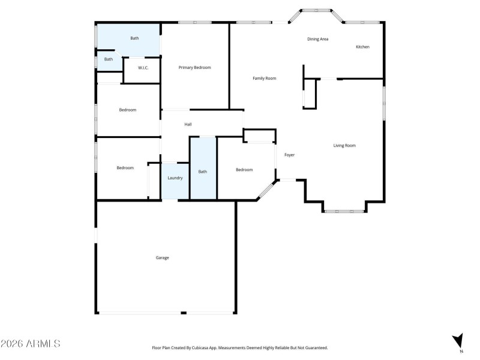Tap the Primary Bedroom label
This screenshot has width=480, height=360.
[194, 68]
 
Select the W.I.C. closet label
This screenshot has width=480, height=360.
[143, 68]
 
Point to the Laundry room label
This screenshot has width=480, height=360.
[175, 178]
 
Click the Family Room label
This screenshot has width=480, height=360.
[264, 79]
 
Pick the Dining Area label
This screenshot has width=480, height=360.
[317, 40]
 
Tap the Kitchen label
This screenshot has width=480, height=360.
[362, 47]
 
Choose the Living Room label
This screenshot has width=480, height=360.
[344, 146]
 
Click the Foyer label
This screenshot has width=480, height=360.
[289, 155]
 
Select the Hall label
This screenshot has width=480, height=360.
[188, 124]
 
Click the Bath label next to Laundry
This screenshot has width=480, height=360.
[203, 172]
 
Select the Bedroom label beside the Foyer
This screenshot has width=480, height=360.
[244, 170]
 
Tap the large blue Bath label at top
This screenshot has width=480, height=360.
[134, 38]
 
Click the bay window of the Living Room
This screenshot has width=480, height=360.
[344, 211]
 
